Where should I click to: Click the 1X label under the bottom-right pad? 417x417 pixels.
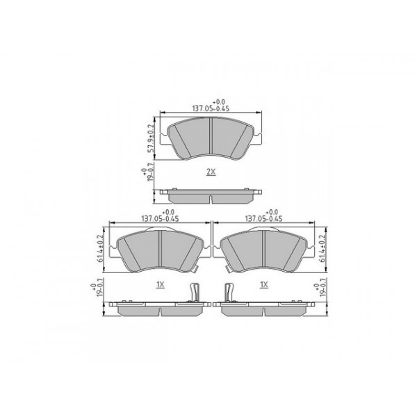coord(263,285)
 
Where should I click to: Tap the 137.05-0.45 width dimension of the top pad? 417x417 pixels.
coord(211,107)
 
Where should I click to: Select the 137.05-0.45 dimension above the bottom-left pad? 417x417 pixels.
coord(159,216)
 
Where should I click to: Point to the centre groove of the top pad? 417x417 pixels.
coord(211,136)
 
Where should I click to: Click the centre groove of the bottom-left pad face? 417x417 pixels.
coord(160,247)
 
